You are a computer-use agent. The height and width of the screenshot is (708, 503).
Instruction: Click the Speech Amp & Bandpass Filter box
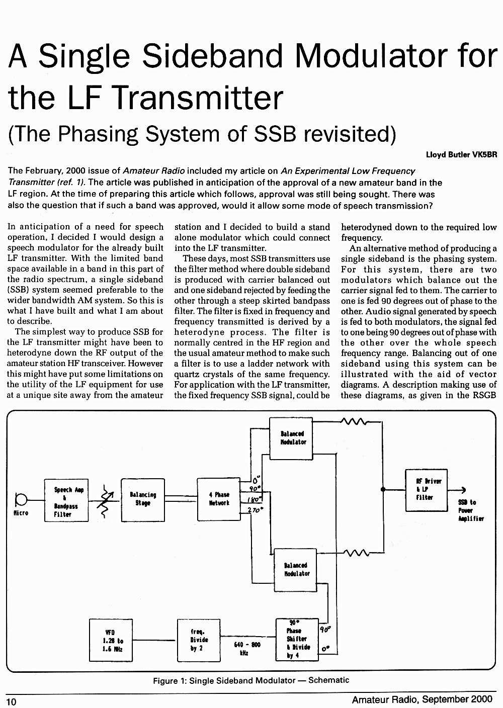click(66, 500)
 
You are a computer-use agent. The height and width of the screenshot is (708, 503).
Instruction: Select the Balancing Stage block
click(143, 500)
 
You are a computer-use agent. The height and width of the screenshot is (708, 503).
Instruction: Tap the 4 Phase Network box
click(219, 499)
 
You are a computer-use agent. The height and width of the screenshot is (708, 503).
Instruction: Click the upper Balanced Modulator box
click(291, 438)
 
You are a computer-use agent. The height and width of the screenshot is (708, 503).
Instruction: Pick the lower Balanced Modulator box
click(295, 570)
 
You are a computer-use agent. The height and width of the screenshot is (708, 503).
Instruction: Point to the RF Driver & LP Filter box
click(427, 490)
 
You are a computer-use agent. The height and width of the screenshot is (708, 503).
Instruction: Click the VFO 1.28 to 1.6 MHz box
click(111, 640)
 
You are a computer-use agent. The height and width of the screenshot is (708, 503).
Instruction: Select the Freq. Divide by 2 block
click(199, 640)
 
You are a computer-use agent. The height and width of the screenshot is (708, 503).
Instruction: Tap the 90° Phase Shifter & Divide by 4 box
click(297, 640)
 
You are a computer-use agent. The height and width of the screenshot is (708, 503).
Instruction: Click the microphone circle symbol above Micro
click(21, 500)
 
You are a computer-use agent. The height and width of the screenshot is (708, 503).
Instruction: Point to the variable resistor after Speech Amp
click(105, 501)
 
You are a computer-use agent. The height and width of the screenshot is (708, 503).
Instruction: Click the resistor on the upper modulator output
click(353, 421)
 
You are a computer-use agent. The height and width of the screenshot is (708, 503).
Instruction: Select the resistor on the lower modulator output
click(356, 553)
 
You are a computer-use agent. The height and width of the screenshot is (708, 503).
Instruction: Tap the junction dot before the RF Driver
click(383, 490)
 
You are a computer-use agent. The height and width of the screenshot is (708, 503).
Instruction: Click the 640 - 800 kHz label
click(247, 648)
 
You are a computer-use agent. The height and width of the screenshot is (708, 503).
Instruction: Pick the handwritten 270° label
click(256, 510)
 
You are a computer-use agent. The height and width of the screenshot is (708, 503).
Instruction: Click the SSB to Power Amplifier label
click(471, 510)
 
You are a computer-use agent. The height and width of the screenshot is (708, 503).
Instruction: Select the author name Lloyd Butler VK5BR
click(461, 154)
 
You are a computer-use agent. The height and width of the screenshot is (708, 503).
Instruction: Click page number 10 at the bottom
click(11, 701)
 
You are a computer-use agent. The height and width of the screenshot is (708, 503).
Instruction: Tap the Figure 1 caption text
click(251, 680)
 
